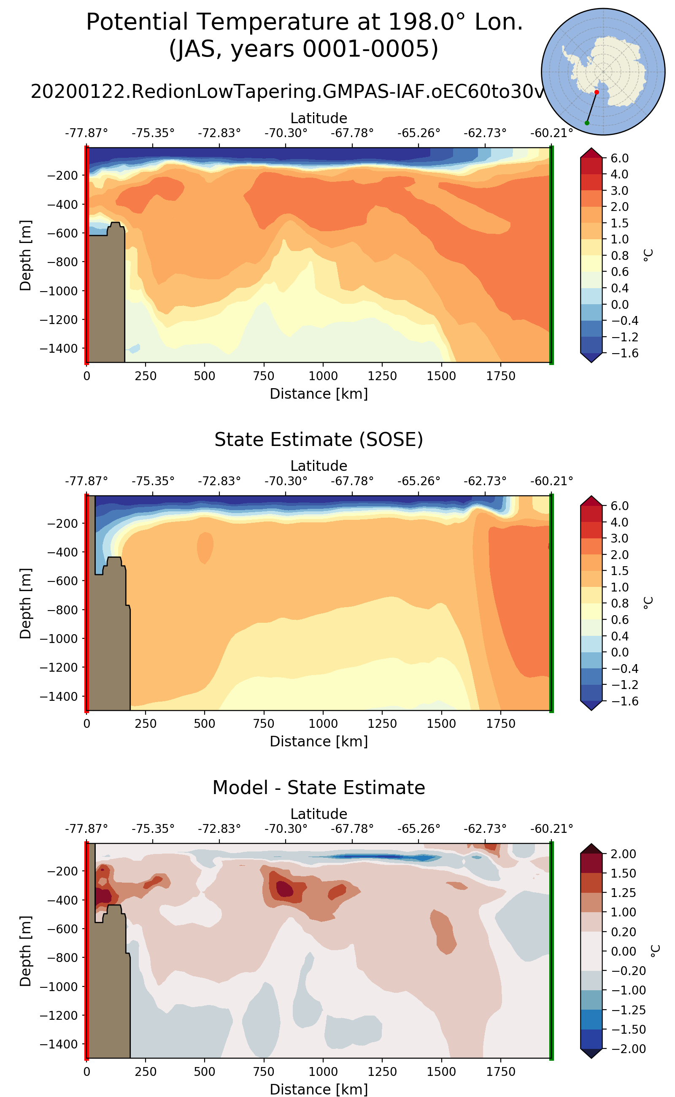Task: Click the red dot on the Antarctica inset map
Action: (x=597, y=92)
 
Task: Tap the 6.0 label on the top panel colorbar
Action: (x=620, y=158)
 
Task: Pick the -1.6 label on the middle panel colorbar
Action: (x=620, y=701)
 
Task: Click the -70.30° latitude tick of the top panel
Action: (x=286, y=133)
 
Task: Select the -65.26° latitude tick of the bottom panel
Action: (x=419, y=829)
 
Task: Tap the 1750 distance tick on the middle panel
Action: (x=500, y=724)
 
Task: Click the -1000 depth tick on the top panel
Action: (x=59, y=291)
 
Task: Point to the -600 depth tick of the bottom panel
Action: (x=59, y=929)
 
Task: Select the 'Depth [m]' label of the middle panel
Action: (x=25, y=603)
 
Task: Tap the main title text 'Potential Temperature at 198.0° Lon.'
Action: (x=304, y=22)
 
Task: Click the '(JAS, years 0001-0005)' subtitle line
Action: (x=304, y=49)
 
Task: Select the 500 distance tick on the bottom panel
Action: (x=205, y=1072)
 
